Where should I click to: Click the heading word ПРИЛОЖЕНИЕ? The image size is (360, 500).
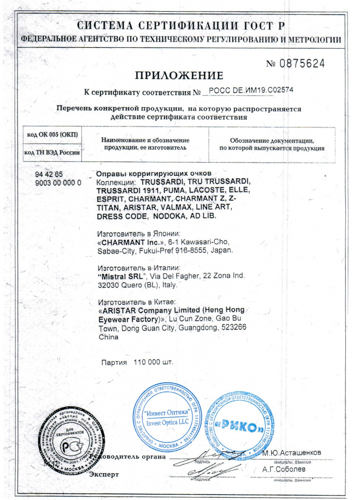pos(179,76)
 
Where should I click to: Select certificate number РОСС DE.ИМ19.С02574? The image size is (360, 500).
pos(251,91)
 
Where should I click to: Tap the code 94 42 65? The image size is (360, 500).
pos(49,174)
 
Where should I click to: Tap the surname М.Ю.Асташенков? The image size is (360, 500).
pos(292,453)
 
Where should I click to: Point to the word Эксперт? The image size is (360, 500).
pos(104,474)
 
